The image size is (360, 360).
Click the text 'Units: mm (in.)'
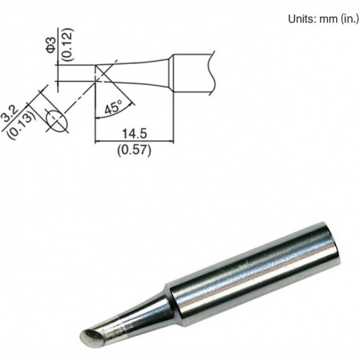coord(323,19)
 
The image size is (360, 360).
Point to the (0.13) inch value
coord(24,118)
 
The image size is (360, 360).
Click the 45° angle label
coord(113,108)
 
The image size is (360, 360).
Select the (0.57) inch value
coord(134,150)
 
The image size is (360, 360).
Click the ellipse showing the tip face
coord(56,119)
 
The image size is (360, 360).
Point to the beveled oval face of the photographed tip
coord(89,335)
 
